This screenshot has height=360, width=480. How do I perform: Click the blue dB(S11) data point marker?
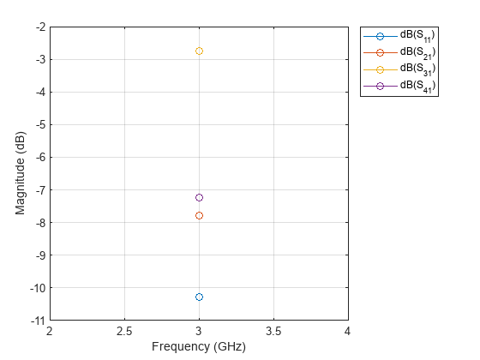tap(199, 297)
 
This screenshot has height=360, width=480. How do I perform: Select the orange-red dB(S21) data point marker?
tap(199, 215)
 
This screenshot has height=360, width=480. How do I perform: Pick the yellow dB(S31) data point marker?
tap(199, 51)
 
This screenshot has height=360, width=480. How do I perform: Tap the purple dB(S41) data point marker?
tap(199, 198)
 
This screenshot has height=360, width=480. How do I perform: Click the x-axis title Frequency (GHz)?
tap(199, 347)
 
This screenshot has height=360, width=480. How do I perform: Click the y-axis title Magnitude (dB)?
tap(21, 173)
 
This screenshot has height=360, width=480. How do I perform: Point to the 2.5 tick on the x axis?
tap(124, 331)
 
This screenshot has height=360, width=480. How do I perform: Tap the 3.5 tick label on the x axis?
tap(273, 331)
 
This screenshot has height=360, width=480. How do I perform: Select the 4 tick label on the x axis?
tap(347, 331)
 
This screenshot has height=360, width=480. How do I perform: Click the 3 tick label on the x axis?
tap(199, 331)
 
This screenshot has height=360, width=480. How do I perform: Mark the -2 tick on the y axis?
tap(40, 27)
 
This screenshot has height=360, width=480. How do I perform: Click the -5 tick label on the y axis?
tap(40, 125)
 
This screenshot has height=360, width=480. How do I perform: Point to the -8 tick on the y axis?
tap(40, 222)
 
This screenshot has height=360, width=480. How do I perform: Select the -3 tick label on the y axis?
tap(40, 60)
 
